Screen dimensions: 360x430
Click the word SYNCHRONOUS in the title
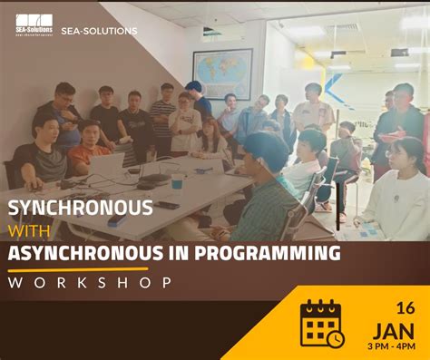pyautogui.click(x=81, y=208)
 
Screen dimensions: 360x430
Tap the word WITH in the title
pyautogui.click(x=32, y=230)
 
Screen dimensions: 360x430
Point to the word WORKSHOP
pyautogui.click(x=91, y=282)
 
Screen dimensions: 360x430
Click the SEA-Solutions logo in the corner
pyautogui.click(x=34, y=24)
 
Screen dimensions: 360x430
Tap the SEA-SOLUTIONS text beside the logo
pyautogui.click(x=99, y=31)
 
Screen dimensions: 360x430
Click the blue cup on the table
pyautogui.click(x=177, y=181)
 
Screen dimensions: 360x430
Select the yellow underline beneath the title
pyautogui.click(x=77, y=268)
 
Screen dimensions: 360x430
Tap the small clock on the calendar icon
pyautogui.click(x=336, y=338)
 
